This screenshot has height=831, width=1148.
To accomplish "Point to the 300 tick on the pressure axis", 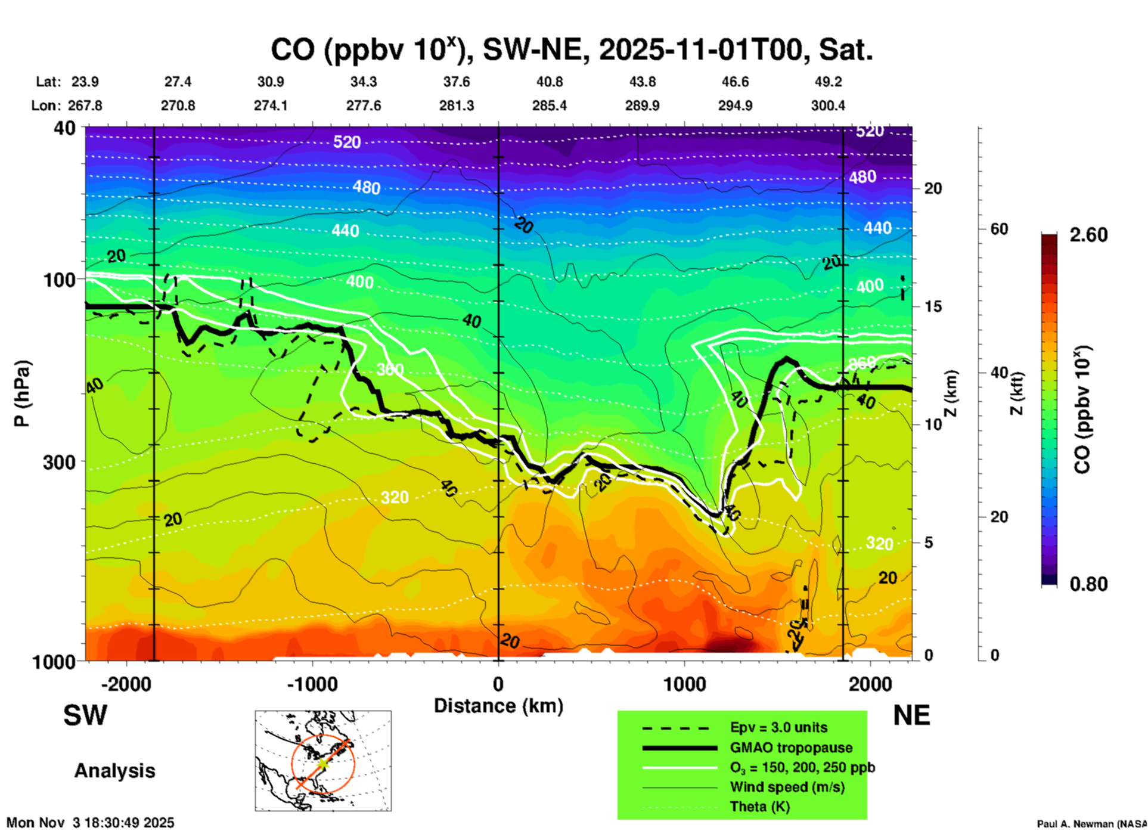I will pos(59,462).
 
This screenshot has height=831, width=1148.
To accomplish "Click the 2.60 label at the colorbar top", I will pos(1088,235).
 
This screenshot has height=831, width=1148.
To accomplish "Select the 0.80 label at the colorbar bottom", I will pos(1088,584).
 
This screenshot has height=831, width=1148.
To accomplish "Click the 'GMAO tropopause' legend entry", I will pos(791,748).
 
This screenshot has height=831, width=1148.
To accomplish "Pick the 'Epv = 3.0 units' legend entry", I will pos(778,727).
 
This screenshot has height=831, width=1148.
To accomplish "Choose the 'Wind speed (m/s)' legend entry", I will pos(787,787).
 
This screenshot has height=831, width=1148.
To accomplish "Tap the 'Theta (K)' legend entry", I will pos(759,807).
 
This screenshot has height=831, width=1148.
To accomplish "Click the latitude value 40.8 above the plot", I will pos(549,82).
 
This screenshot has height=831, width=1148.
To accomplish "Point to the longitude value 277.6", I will pos(363,106).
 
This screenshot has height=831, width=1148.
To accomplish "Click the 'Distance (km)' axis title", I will pos(498,706).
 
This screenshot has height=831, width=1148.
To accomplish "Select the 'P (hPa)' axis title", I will pos(22,393).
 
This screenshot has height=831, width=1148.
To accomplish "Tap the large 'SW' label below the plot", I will pos(85,715).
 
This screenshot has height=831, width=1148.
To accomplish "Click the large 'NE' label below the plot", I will pos(911,715).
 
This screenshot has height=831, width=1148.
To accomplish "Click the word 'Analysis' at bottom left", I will pos(114,770).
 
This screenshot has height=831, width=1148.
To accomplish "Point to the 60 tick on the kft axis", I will pos(999,229).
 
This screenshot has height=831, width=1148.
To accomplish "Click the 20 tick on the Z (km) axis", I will pos(933,188).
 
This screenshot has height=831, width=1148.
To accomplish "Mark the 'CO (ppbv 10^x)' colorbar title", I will pos(1082,409).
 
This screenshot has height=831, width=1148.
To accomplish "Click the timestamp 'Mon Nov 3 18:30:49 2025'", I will pos(91,823).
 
